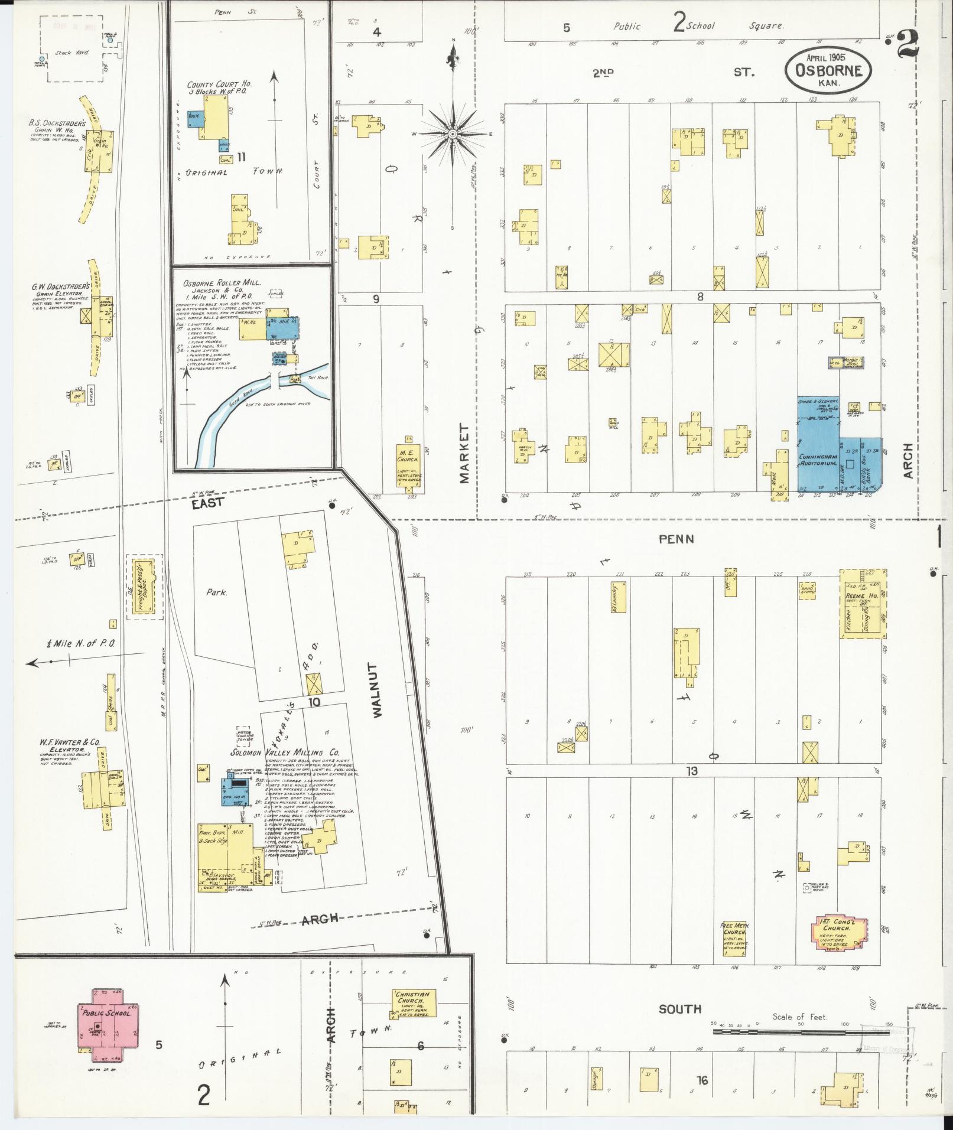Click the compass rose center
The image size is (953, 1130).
452,134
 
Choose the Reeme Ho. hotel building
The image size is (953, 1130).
863,604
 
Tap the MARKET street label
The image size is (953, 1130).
464,453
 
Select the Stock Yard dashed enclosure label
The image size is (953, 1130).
71,53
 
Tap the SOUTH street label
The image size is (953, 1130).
679,1009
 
